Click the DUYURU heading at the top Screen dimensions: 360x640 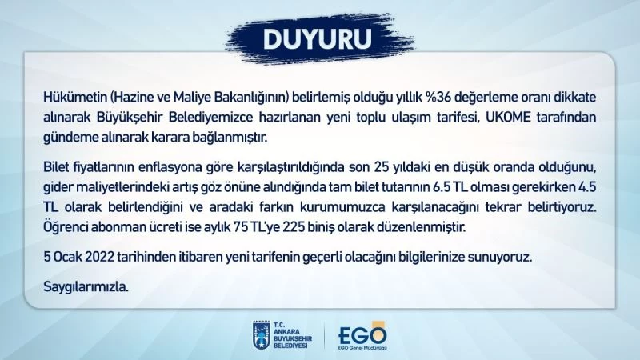[320, 38]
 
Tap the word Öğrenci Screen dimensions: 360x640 [66, 228]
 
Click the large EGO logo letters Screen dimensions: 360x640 [362, 331]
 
